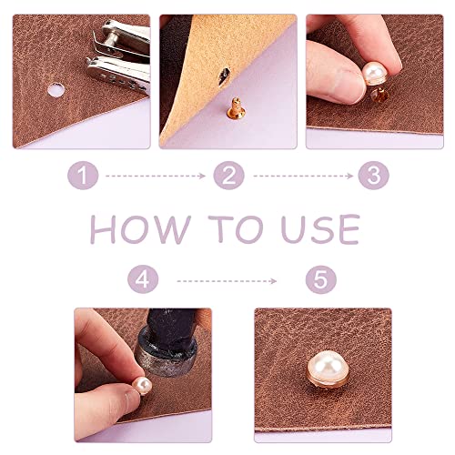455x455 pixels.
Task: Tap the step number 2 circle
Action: click(227, 175)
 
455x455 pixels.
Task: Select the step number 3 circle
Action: click(370, 175)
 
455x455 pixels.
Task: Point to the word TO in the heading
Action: click(233, 227)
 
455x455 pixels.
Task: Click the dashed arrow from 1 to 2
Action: click(155, 176)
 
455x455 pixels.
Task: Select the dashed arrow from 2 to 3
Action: click(298, 176)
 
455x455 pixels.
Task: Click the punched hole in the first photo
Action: click(54, 91)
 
